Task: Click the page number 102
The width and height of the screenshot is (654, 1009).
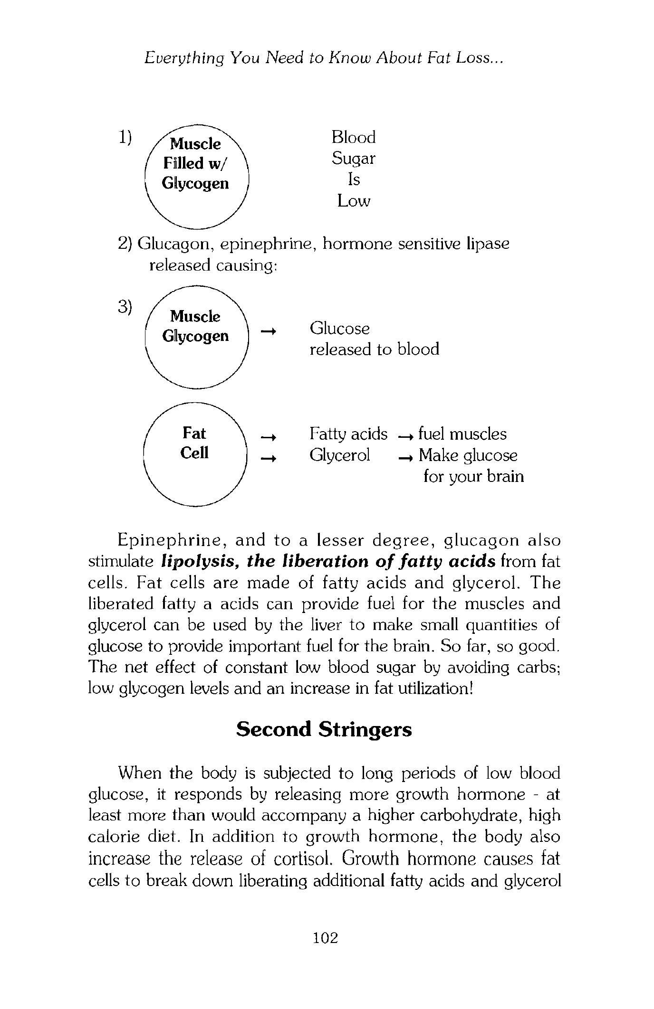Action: coord(326,937)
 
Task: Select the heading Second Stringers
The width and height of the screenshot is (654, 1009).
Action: coord(324,729)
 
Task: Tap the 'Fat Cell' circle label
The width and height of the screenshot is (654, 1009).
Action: coord(194,443)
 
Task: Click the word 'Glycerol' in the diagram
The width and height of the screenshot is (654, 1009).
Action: coord(339,455)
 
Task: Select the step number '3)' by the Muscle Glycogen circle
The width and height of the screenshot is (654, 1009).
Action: coord(125,306)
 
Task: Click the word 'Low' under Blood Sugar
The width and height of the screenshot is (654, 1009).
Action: coord(354,201)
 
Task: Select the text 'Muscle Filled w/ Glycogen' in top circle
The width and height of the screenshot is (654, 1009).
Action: coord(195,163)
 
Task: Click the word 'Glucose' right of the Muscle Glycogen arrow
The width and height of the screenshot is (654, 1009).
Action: coord(339,328)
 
